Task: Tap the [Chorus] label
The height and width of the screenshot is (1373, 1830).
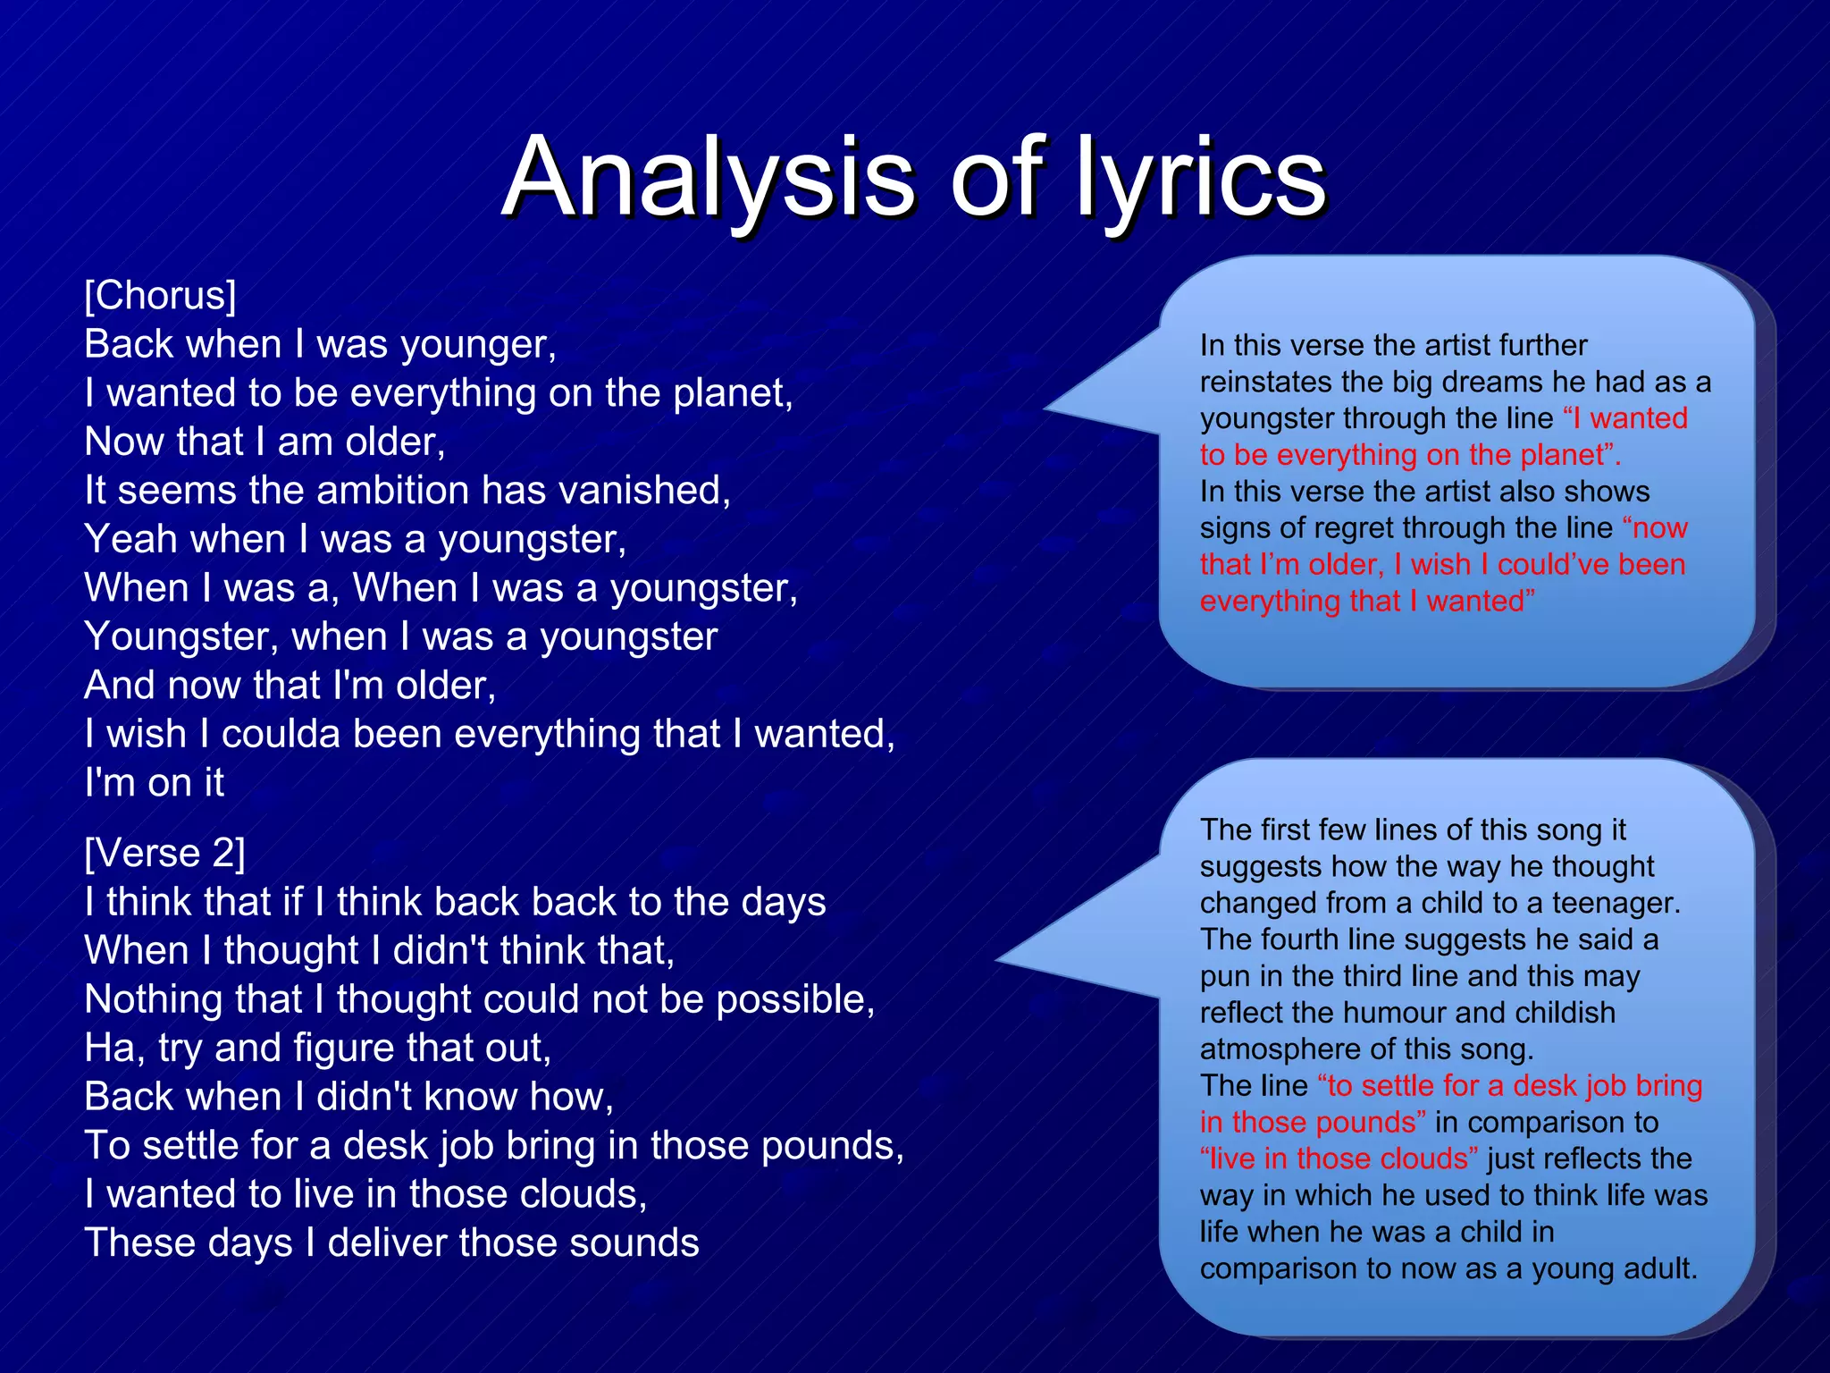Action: pos(161,296)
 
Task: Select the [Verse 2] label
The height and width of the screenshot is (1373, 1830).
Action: pos(164,854)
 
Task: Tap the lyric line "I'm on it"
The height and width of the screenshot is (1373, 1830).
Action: pos(154,783)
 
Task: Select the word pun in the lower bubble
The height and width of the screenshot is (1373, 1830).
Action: pos(1223,977)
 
